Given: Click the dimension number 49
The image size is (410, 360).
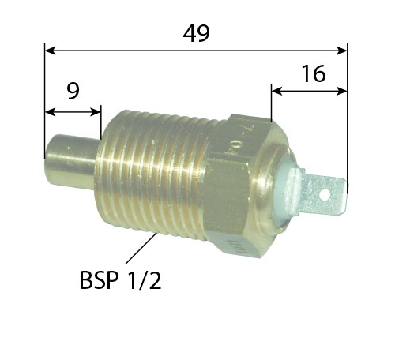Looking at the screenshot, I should coord(196,33).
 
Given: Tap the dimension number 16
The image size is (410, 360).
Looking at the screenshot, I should coord(313,73).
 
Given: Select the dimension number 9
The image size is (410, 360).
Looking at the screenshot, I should coord(73,92).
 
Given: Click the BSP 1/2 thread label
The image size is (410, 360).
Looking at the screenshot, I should coord(120,280).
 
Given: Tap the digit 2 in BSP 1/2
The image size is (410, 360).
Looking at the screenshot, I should coord(155,280).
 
